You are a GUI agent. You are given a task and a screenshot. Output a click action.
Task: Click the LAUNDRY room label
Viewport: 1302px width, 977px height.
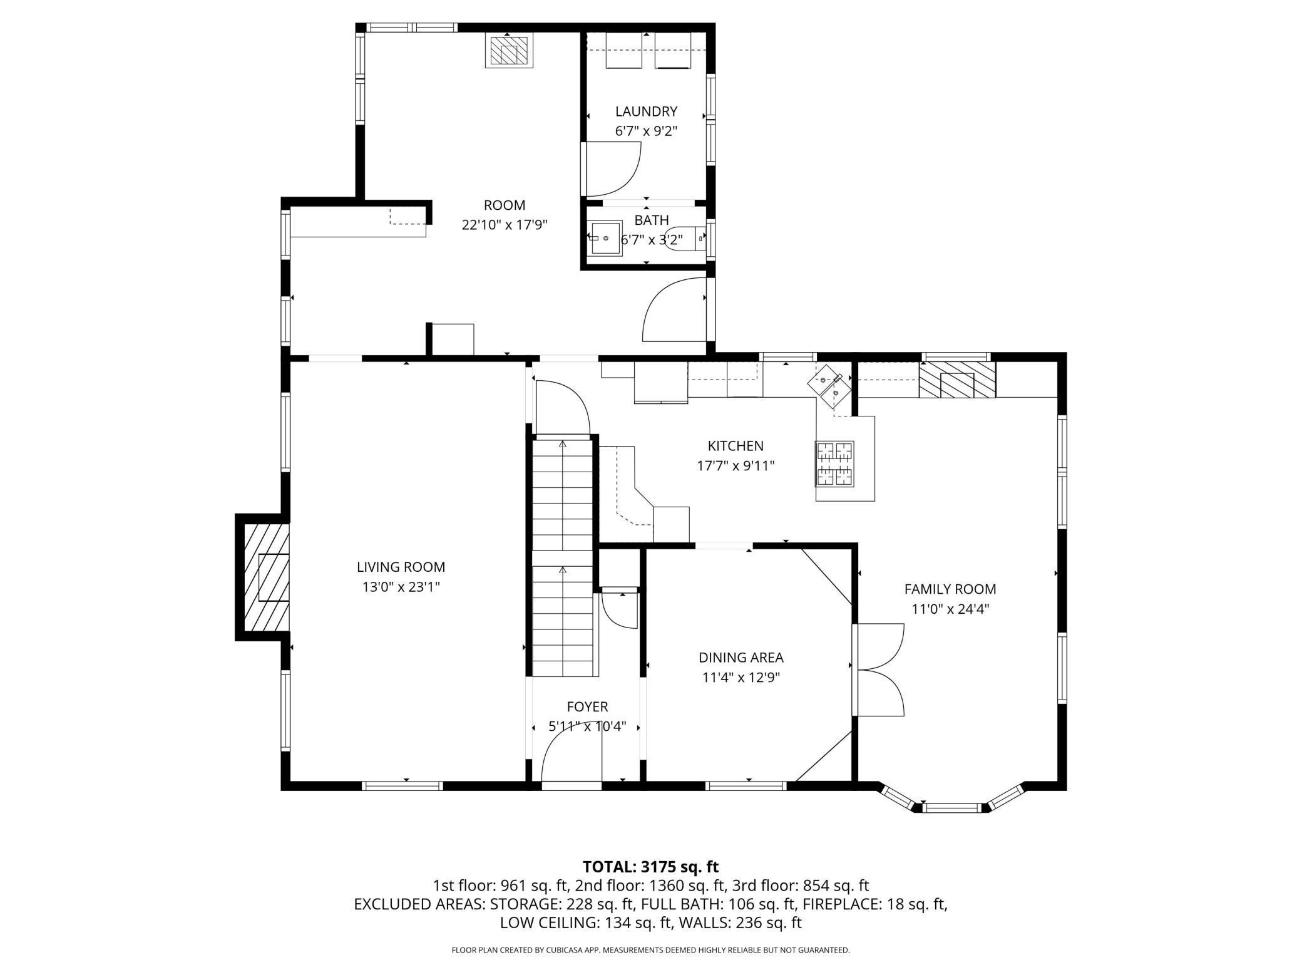click(646, 111)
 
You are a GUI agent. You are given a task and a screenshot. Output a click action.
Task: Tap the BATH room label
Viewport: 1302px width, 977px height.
click(652, 220)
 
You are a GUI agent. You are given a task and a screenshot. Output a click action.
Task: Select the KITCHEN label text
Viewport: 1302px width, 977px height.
click(736, 446)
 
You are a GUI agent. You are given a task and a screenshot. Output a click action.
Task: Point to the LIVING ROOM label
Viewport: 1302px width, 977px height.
click(401, 567)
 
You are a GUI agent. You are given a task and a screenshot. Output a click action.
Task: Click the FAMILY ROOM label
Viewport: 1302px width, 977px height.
click(950, 589)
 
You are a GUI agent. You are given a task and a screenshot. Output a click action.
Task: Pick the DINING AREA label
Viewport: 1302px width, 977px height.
click(741, 658)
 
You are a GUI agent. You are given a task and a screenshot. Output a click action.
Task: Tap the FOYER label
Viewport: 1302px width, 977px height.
click(587, 707)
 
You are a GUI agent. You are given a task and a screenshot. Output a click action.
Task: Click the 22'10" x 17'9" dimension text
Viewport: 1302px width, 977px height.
click(505, 225)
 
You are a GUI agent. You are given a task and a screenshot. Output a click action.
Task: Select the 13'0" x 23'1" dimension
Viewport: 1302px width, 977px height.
click(401, 587)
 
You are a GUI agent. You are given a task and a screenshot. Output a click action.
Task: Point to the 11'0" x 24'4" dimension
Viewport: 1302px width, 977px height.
click(950, 609)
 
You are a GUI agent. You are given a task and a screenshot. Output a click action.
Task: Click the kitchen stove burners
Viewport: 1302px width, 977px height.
click(834, 463)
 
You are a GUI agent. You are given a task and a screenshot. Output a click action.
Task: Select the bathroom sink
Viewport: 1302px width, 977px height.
click(605, 239)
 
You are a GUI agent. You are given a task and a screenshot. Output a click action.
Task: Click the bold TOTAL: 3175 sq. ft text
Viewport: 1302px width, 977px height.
click(650, 867)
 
